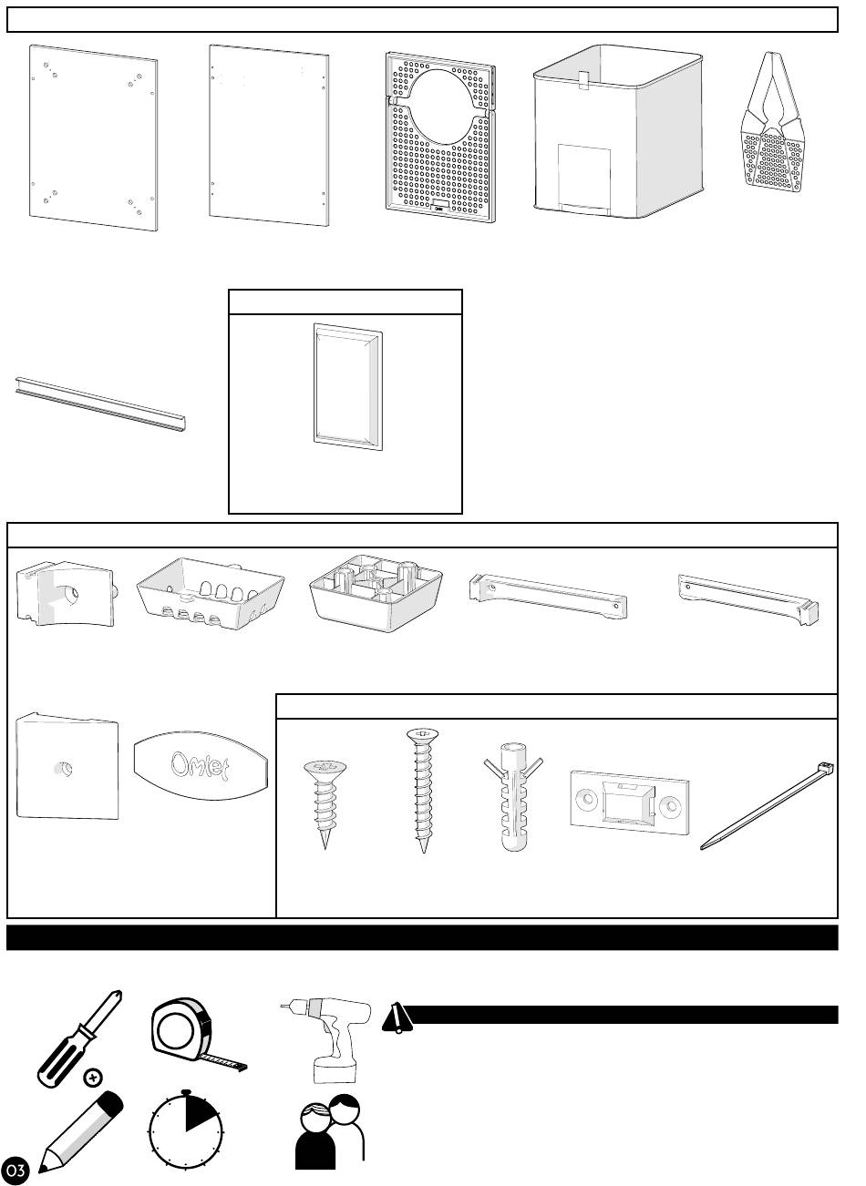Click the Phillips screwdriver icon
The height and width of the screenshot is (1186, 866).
click(77, 1038)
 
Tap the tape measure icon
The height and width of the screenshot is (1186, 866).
click(189, 1034)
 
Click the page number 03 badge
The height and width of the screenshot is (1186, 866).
click(15, 1169)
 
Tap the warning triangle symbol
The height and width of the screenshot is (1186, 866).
click(397, 1017)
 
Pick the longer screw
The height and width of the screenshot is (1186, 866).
click(421, 788)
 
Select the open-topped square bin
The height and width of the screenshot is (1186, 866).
click(618, 132)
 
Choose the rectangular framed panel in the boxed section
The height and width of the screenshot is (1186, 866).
click(347, 386)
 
